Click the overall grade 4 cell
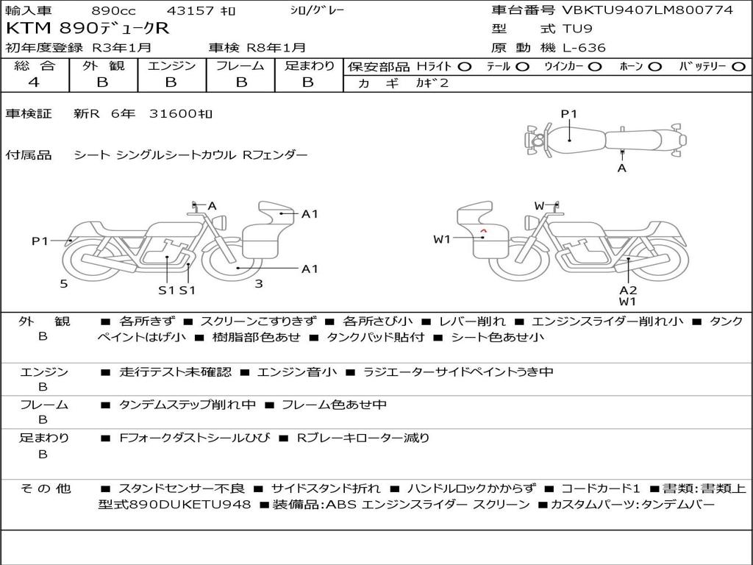(34, 82)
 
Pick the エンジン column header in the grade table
(171, 65)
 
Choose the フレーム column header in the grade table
(241, 65)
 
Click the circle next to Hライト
(464, 66)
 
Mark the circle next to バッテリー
(739, 66)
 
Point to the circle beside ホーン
(654, 66)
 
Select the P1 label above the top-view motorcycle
(569, 113)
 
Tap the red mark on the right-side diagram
(483, 232)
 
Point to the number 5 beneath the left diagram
(64, 283)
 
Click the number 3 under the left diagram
(258, 283)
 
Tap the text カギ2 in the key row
(432, 83)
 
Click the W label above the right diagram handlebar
(539, 205)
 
